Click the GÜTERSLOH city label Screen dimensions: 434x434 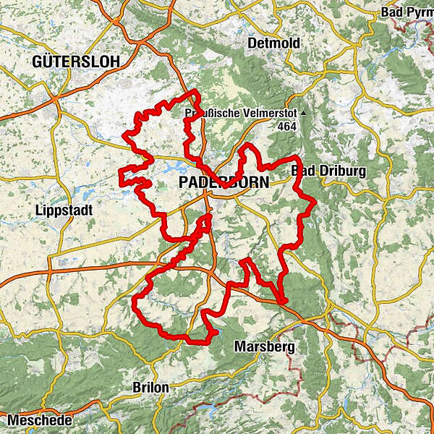(x=75, y=61)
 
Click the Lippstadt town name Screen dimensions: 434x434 (x=59, y=210)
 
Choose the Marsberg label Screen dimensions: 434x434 (x=265, y=347)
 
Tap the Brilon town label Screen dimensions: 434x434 (x=150, y=388)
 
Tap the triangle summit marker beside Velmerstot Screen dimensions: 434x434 (x=305, y=114)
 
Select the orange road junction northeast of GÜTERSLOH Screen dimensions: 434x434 (x=116, y=22)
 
